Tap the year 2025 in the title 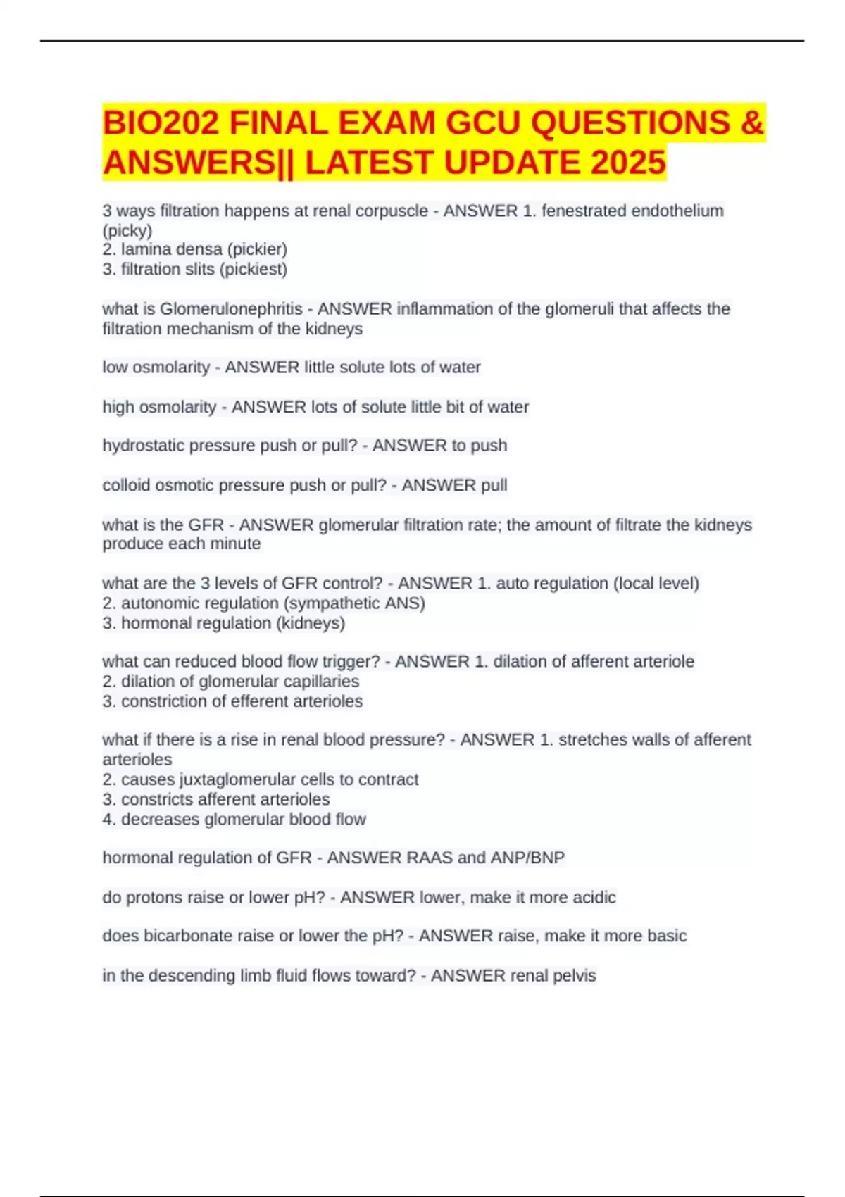coord(628,163)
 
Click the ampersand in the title coord(752,123)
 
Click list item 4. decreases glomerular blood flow coord(234,819)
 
